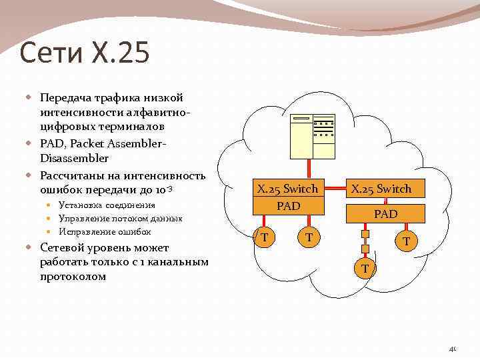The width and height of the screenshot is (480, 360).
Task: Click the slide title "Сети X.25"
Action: (85, 53)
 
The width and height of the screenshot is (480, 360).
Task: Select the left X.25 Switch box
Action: (288, 189)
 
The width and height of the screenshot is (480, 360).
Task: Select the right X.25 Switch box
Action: (381, 189)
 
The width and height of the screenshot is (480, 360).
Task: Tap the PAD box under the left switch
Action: (288, 206)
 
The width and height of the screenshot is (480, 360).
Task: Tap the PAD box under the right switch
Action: (385, 214)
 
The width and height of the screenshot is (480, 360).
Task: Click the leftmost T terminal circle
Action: (265, 237)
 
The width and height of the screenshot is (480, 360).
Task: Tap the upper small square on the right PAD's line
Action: (365, 233)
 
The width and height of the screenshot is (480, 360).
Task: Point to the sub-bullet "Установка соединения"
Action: (107, 205)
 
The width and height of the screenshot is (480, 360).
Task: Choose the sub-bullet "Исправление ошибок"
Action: (105, 231)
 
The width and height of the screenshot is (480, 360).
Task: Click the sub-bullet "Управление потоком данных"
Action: (120, 218)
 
